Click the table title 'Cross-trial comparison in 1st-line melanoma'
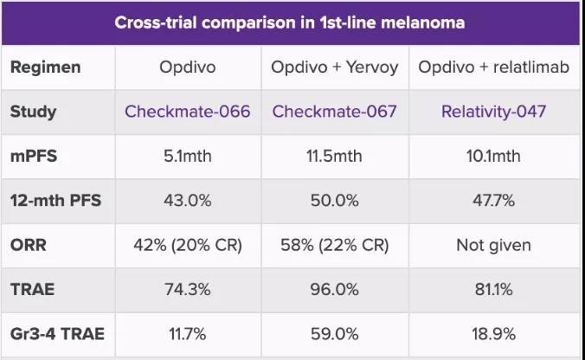[x=290, y=22]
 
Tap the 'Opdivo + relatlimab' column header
[x=493, y=66]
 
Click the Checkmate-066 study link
[x=188, y=111]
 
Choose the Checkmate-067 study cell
[x=334, y=111]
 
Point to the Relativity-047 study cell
[x=493, y=111]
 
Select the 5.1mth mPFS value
[x=188, y=156]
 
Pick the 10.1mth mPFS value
[x=493, y=156]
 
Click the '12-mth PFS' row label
[x=55, y=201]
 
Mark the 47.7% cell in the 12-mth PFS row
[x=493, y=201]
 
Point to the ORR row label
[x=29, y=245]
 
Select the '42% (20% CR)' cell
[x=188, y=245]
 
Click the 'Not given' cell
[x=493, y=245]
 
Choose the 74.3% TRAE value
[x=188, y=290]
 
